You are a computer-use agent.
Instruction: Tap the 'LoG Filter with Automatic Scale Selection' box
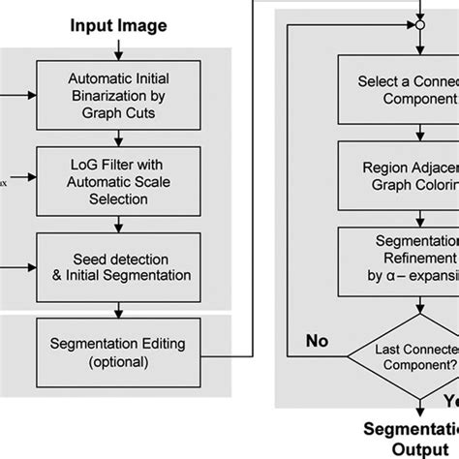coord(116,177)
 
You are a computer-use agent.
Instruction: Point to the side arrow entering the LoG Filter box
coord(22,177)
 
